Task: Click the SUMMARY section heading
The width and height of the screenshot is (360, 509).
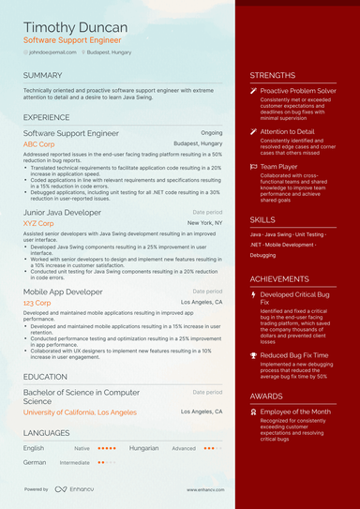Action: click(43, 75)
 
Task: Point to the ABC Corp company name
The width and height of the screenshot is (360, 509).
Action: click(41, 144)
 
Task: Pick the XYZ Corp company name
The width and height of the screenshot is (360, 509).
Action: click(41, 224)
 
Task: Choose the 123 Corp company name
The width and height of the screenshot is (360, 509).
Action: click(37, 303)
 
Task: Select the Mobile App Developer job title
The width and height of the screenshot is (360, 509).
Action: click(64, 292)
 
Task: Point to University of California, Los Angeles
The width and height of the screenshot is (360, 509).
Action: click(80, 412)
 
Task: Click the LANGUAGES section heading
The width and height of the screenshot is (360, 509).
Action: click(47, 433)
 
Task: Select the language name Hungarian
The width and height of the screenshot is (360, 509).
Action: click(143, 448)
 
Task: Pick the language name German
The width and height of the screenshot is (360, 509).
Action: click(35, 462)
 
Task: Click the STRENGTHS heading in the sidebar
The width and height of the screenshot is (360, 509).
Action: click(273, 75)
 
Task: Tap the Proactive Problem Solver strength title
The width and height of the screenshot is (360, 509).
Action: click(298, 91)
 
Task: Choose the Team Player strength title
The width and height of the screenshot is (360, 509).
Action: click(280, 166)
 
